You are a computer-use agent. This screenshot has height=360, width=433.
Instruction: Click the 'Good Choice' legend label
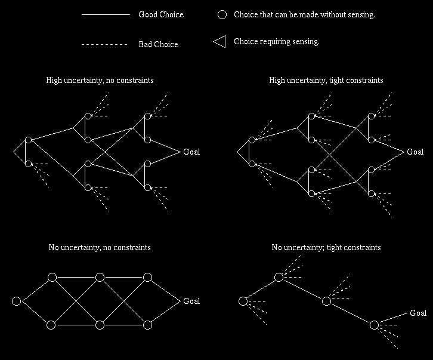tap(161, 14)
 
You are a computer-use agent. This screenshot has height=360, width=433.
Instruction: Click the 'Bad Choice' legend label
tap(158, 44)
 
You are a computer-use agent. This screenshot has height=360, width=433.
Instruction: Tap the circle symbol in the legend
tap(222, 14)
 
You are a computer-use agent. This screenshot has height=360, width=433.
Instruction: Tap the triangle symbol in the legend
tap(219, 42)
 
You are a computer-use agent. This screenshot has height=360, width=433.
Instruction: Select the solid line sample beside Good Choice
tap(106, 14)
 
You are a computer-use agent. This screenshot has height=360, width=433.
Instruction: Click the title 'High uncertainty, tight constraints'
tap(326, 80)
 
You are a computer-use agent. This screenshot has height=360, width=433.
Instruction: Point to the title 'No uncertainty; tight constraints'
tap(326, 247)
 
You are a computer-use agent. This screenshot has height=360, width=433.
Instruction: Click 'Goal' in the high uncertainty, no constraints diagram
tap(191, 152)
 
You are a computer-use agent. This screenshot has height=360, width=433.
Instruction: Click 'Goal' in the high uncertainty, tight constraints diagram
tap(415, 152)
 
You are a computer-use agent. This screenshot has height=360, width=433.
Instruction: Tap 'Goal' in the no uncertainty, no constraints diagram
tap(191, 301)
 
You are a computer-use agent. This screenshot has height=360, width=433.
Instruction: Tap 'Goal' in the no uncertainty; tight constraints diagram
tap(418, 313)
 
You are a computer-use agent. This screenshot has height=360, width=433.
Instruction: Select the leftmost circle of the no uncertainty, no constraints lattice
tap(16, 301)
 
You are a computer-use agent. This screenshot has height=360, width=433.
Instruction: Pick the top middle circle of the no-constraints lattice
tap(100, 277)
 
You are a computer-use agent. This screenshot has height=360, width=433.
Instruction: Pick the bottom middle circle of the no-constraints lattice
tap(100, 325)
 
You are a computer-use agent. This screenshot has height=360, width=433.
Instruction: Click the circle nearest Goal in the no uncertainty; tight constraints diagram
tap(374, 325)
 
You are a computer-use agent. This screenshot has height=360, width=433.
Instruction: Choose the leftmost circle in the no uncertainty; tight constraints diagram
tap(243, 301)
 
